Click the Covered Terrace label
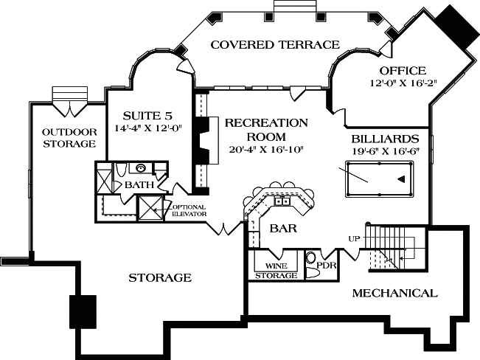pyautogui.click(x=275, y=45)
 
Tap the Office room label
pyautogui.click(x=403, y=71)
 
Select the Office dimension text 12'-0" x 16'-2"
pyautogui.click(x=402, y=83)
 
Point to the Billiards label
pyautogui.click(x=385, y=138)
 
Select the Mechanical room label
pyautogui.click(x=394, y=293)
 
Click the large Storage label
pyautogui.click(x=160, y=277)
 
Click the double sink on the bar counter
pyautogui.click(x=282, y=200)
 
